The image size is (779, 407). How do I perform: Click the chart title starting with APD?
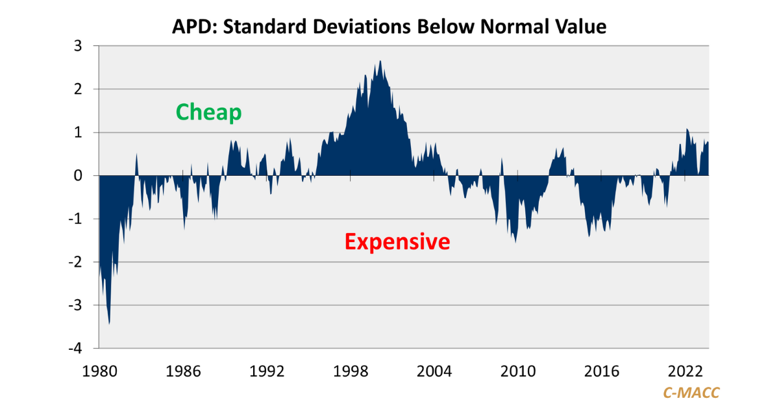click(x=389, y=27)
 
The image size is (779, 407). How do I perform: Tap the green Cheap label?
click(x=209, y=112)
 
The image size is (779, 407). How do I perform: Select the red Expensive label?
click(x=397, y=241)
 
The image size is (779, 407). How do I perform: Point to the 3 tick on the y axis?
click(x=77, y=46)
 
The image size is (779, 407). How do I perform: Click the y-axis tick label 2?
click(x=77, y=90)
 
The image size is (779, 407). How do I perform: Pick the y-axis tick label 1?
click(x=77, y=132)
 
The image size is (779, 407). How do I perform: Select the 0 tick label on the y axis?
click(x=77, y=176)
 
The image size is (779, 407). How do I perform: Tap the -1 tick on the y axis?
click(x=75, y=219)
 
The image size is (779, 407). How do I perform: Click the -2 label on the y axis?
click(x=75, y=262)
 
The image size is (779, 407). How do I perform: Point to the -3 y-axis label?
click(x=75, y=305)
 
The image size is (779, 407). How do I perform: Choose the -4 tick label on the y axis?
click(x=75, y=349)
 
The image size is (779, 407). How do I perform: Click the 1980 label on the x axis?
click(x=99, y=371)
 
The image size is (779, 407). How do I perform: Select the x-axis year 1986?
click(x=183, y=371)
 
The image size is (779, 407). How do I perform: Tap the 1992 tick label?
click(x=267, y=371)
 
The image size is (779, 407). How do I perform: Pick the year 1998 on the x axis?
click(x=351, y=371)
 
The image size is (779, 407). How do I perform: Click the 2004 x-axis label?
click(x=434, y=371)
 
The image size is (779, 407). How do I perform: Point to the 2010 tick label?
click(x=518, y=371)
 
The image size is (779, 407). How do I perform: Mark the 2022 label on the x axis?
click(x=686, y=371)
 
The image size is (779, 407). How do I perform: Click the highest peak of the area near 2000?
click(x=380, y=62)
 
